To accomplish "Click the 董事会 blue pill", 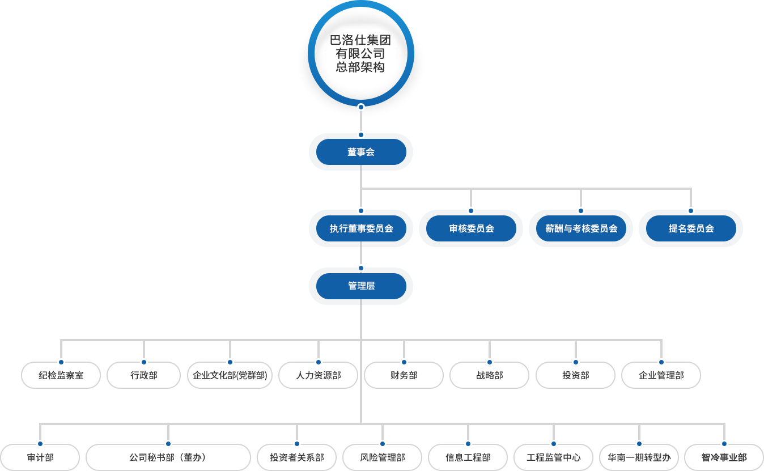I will click(361, 152).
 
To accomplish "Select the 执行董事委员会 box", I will click(361, 228).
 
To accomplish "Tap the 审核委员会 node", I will click(471, 228).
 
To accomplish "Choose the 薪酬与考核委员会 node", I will click(581, 228).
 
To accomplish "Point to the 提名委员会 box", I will click(691, 228).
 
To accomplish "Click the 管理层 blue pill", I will click(361, 286).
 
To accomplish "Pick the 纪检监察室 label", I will click(61, 375).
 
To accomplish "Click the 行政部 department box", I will click(144, 375).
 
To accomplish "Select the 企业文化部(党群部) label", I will click(230, 375).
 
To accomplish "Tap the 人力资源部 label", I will click(319, 375).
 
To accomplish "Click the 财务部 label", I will click(404, 375).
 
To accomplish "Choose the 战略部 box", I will click(489, 375).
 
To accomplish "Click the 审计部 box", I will click(40, 457).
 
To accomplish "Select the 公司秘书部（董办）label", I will click(168, 457).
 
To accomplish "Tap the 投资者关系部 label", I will click(296, 457).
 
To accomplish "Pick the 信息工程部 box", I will click(468, 457).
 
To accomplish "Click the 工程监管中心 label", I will click(553, 457).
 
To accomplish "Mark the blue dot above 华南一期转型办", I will click(639, 444).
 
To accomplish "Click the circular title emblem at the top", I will click(360, 54).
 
